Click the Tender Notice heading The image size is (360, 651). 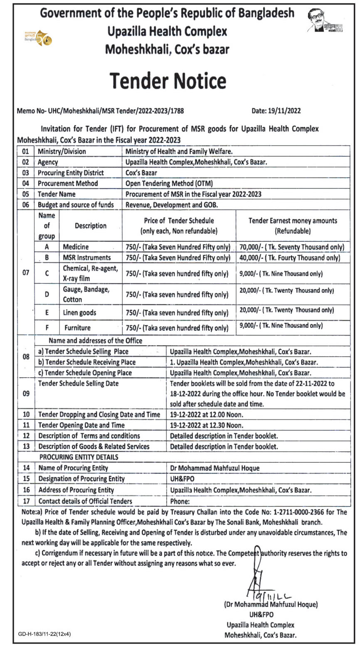click(168, 81)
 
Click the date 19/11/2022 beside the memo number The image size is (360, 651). click(276, 111)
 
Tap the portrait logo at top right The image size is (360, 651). click(325, 21)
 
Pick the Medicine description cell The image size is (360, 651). click(76, 247)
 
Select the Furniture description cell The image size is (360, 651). click(77, 328)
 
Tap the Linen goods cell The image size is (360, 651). click(79, 312)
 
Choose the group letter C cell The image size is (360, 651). click(47, 273)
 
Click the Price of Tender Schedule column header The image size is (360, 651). click(179, 226)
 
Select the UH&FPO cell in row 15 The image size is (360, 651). click(182, 479)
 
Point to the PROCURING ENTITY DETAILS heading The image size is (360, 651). click(79, 457)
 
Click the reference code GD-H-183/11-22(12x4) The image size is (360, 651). click(44, 634)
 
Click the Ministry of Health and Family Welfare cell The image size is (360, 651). click(179, 152)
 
